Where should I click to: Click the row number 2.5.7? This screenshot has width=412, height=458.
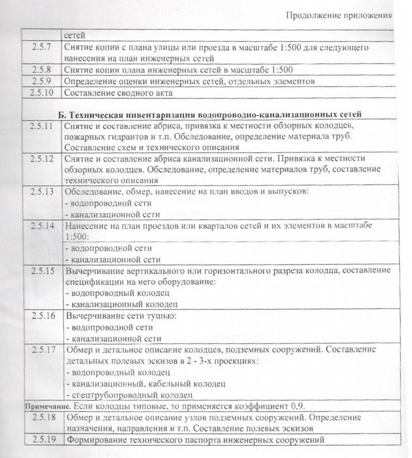coord(42,47)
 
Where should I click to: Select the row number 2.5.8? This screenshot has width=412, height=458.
coord(42,69)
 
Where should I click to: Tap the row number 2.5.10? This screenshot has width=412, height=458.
coord(42,92)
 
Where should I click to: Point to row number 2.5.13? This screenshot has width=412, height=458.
coord(42,191)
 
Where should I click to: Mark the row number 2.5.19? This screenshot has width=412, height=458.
coord(44,440)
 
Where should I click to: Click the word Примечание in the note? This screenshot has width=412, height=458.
coord(43,405)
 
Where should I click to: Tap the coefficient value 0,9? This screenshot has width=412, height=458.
coord(297,405)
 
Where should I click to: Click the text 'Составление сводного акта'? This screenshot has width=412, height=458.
coord(119,92)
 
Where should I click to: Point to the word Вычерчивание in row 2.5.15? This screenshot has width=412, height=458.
coord(92,270)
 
